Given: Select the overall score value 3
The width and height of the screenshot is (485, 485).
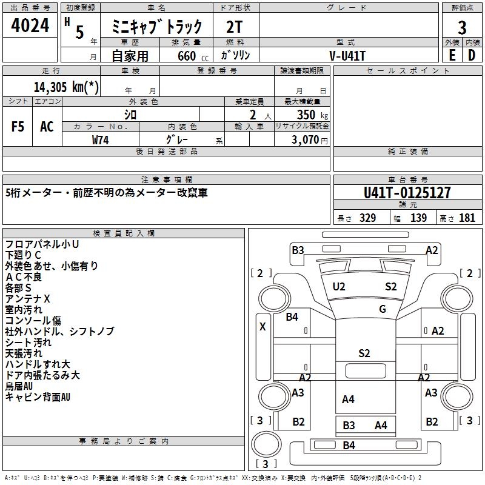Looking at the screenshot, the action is pos(462,27).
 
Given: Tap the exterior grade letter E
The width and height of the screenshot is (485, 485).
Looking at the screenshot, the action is pos(452,55).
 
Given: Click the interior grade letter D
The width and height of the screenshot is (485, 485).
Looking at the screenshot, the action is pos(472,55).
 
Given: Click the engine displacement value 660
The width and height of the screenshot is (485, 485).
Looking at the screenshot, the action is pos(187,56).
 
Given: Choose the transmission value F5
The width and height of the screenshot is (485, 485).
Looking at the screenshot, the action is pos(18,126).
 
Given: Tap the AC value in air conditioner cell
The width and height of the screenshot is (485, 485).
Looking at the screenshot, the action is pos(47,126).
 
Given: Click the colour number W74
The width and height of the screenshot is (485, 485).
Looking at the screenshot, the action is pos(101,139).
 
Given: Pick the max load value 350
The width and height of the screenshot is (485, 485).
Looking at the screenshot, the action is pos(306,115).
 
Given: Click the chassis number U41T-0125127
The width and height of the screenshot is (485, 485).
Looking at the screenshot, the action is pos(407,193).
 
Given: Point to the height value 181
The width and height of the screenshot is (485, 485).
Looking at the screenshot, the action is pos(467,218).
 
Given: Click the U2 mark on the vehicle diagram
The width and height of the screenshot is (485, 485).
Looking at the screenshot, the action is pos(339,287).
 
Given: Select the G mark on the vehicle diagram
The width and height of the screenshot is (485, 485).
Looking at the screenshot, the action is pos(383,309).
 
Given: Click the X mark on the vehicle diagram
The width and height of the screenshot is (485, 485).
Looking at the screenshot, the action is pos(263,326).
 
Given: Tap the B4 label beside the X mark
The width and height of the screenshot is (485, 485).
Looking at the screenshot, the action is pos(292,316).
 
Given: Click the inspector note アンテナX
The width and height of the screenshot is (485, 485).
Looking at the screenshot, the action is pos(28,299).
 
